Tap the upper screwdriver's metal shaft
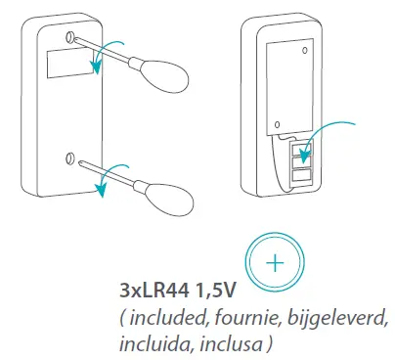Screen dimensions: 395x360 [109, 55]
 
